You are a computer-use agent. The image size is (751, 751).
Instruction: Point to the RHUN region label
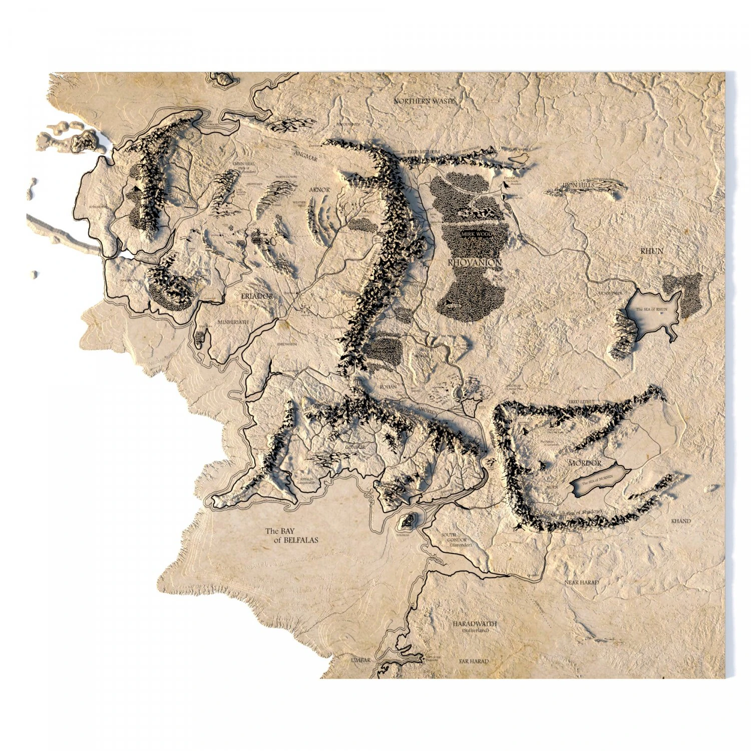pos(652,251)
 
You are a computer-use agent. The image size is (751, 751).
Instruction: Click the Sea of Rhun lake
pos(653,313)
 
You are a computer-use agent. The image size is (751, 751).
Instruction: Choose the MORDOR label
pos(584,463)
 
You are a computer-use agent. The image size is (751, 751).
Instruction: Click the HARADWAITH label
pos(474,624)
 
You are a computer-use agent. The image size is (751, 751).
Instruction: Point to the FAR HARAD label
pos(474,661)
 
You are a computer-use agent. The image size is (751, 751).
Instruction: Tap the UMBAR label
pos(360,660)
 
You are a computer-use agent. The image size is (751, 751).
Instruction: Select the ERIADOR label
pos(257,296)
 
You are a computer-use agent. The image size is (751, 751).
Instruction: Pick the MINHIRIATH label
pos(232,323)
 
